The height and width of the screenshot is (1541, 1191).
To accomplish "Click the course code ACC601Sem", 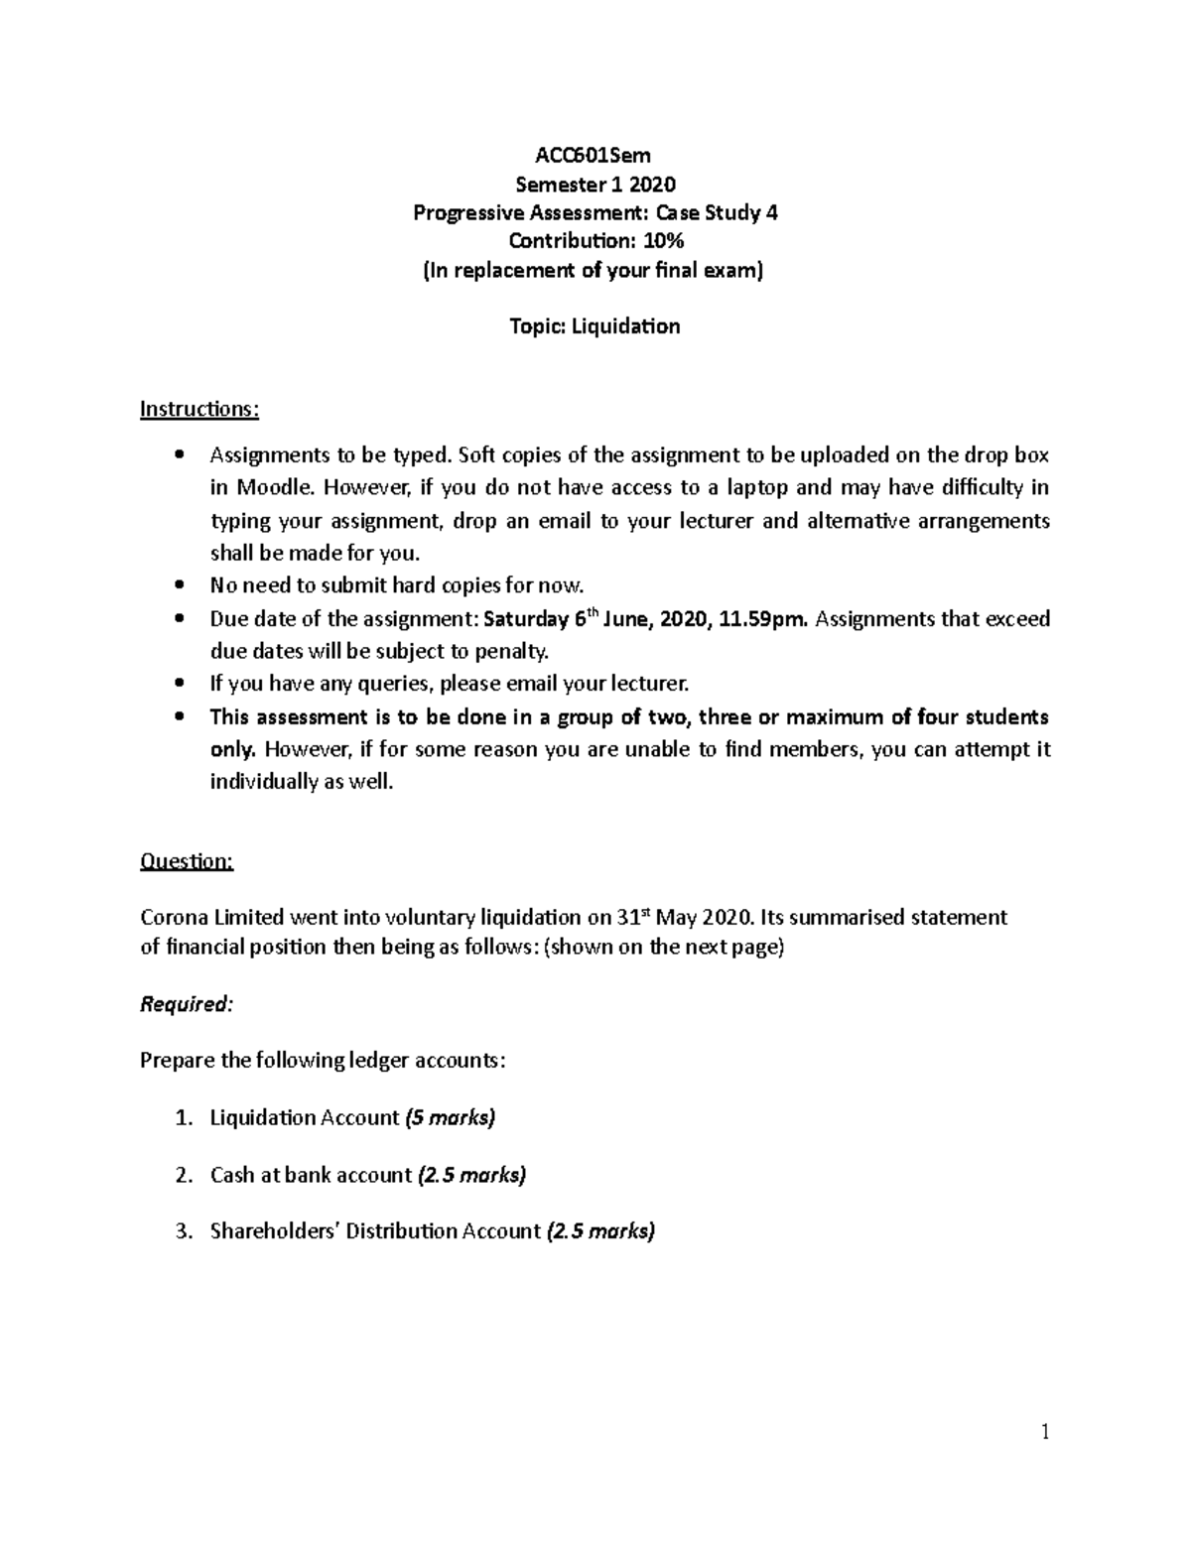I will pyautogui.click(x=594, y=155).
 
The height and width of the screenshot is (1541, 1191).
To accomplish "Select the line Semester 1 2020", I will pyautogui.click(x=595, y=184).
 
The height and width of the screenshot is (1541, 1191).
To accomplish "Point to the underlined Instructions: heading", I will pyautogui.click(x=199, y=409).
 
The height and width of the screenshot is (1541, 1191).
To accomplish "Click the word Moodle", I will pyautogui.click(x=275, y=488).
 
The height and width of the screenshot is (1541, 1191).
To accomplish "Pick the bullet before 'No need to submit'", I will pyautogui.click(x=178, y=586).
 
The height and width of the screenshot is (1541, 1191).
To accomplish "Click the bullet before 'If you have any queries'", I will pyautogui.click(x=178, y=685).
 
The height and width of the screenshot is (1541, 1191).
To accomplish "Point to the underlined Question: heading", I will pyautogui.click(x=187, y=861).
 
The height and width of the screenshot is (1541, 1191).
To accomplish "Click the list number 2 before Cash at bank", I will pyautogui.click(x=182, y=1176).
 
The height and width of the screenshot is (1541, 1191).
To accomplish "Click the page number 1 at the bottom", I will pyautogui.click(x=1045, y=1431).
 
